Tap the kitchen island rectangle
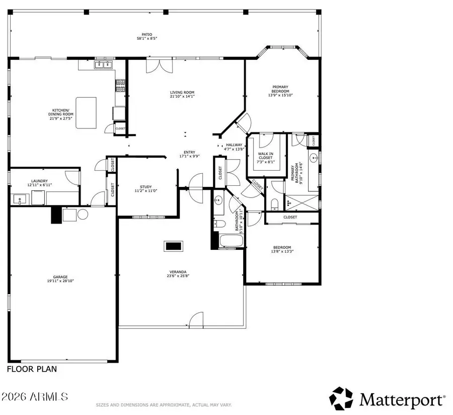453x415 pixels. pyautogui.click(x=86, y=113)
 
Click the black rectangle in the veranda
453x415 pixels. pyautogui.click(x=174, y=246)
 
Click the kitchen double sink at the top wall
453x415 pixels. pyautogui.click(x=104, y=64)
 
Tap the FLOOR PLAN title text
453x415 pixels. pyautogui.click(x=32, y=369)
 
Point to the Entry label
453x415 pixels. pyautogui.click(x=189, y=153)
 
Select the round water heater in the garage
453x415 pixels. pyautogui.click(x=83, y=214)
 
